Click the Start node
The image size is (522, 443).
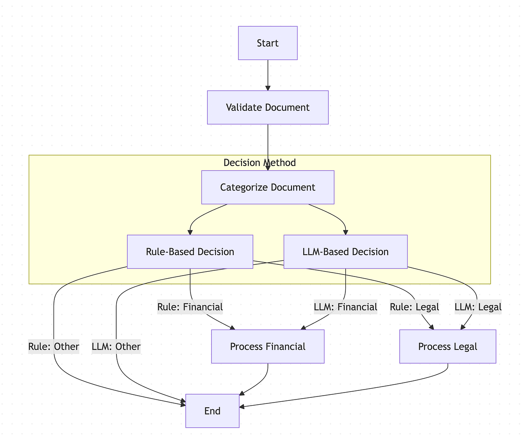tap(268, 43)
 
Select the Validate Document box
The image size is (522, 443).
tap(268, 107)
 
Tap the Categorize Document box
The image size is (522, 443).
tap(268, 187)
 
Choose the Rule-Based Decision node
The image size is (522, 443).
tap(190, 252)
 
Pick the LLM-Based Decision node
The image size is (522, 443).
tap(345, 252)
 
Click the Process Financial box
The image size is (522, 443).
tap(268, 346)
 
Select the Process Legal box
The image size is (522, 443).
tap(448, 346)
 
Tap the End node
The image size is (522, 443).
tap(212, 411)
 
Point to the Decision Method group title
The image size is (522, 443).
tap(259, 163)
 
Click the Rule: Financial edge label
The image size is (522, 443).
tap(190, 307)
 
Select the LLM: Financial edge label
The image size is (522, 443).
tap(345, 307)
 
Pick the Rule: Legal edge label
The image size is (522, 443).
tap(414, 307)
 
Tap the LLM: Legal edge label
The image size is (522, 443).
tap(478, 307)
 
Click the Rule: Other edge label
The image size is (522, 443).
tap(54, 346)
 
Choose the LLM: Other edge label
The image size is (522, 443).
tap(116, 346)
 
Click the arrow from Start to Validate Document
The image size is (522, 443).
tap(268, 75)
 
